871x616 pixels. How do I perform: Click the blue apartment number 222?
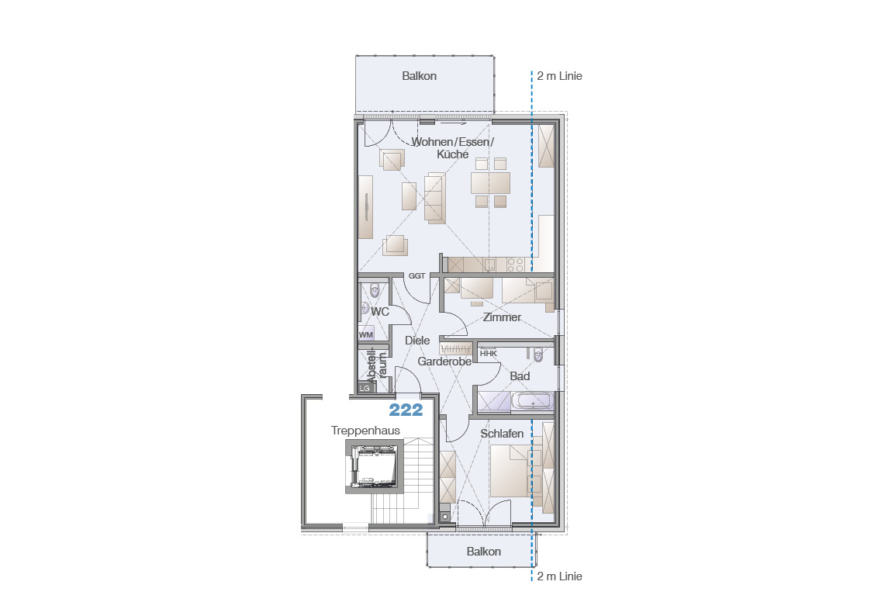[406, 410]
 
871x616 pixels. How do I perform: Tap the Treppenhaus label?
[365, 431]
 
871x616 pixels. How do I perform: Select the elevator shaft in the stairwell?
[375, 466]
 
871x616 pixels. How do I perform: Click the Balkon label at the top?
[420, 76]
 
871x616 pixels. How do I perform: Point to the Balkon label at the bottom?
[484, 552]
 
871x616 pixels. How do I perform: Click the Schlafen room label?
[502, 434]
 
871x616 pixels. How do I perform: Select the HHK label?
[489, 353]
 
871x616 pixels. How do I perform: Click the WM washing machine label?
[365, 334]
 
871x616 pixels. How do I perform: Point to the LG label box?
[365, 388]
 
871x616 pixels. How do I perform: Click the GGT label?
[416, 275]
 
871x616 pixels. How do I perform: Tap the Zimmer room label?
[502, 317]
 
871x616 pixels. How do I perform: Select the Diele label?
[417, 341]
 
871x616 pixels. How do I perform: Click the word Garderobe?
[444, 362]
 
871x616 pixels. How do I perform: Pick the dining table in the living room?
[490, 182]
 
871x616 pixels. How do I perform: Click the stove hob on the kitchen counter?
[515, 265]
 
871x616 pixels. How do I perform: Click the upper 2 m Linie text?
[559, 76]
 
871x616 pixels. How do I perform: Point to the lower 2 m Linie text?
[559, 576]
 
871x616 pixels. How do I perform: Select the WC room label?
[380, 312]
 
